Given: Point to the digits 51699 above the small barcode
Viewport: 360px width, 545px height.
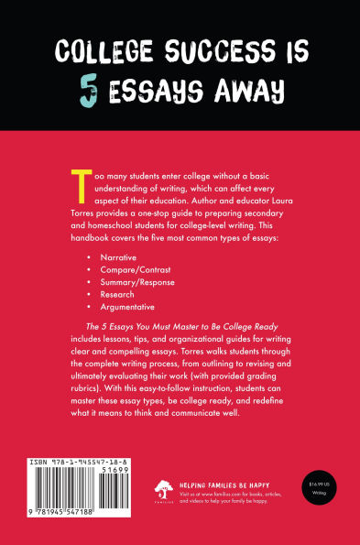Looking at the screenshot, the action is (131, 472).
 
